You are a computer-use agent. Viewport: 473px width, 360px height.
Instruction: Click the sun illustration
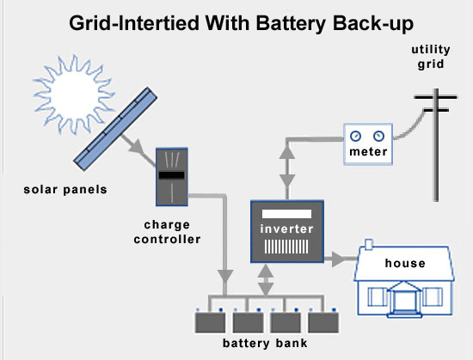tap(73, 94)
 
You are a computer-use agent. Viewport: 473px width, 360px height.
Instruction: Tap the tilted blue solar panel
tap(115, 129)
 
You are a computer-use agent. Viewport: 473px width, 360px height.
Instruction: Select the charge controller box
tap(172, 177)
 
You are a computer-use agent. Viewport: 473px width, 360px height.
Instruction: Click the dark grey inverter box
tap(287, 231)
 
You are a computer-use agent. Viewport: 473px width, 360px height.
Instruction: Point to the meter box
tap(368, 144)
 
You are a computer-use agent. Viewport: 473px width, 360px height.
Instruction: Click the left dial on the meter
tap(356, 136)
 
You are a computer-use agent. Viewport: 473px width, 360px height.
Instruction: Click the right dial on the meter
tap(379, 136)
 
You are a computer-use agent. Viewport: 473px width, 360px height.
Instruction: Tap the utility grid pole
tap(436, 144)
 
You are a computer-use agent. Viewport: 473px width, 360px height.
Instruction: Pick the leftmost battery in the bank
tap(210, 322)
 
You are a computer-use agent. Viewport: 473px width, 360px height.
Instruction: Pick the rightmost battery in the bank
tap(323, 322)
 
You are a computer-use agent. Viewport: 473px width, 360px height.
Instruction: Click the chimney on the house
tap(369, 244)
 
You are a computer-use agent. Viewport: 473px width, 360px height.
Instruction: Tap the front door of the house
tap(404, 302)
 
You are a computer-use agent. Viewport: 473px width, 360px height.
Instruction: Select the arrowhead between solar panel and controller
tap(137, 146)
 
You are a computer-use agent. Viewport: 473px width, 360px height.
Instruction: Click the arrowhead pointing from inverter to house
tap(338, 259)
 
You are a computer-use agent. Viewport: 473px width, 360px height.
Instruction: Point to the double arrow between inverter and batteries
tap(266, 280)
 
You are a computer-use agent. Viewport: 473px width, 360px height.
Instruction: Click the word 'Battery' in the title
tap(291, 24)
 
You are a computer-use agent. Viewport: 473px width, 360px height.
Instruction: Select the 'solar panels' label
tap(65, 190)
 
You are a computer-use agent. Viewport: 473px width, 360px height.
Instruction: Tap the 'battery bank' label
tap(265, 343)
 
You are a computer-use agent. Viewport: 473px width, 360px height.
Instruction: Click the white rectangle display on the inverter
tap(286, 214)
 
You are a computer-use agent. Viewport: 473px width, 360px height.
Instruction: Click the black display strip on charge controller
tap(172, 175)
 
